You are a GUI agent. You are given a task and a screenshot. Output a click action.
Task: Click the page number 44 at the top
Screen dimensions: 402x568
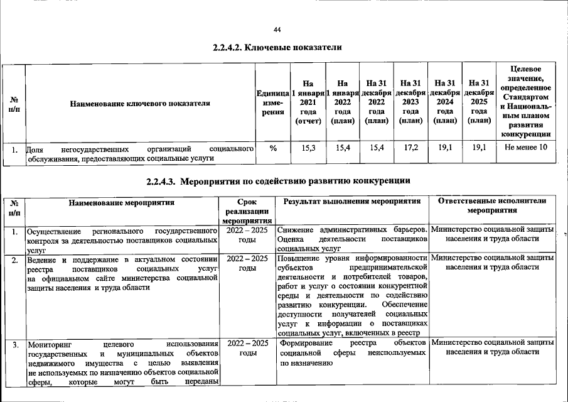(x=278, y=30)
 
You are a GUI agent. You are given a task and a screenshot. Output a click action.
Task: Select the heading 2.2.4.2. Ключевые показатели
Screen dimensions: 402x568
(x=277, y=48)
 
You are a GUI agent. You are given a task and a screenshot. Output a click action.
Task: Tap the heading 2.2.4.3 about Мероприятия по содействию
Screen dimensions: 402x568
(x=278, y=182)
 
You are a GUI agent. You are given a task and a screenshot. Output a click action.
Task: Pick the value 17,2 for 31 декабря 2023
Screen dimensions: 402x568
(x=410, y=148)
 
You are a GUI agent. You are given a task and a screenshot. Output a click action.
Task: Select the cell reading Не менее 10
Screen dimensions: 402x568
(x=526, y=148)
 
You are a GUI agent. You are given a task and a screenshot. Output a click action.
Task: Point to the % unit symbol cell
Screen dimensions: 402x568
(x=273, y=148)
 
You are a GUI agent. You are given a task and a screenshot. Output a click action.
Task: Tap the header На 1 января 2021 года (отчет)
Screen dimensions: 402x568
(x=308, y=102)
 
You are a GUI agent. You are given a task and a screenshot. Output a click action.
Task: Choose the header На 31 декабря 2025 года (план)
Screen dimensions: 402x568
(x=479, y=102)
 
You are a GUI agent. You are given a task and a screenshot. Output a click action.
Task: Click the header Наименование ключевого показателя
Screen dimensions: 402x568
(x=139, y=103)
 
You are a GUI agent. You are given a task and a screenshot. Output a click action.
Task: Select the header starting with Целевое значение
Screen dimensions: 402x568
(x=526, y=102)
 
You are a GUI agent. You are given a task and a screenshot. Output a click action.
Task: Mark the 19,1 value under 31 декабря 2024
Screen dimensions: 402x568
(x=444, y=148)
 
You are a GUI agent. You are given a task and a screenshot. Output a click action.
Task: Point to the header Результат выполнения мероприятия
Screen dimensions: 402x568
(x=351, y=202)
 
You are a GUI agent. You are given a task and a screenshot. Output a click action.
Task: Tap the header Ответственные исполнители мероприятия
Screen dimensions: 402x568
(x=492, y=205)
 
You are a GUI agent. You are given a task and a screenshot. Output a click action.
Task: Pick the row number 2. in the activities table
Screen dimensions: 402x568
(x=14, y=259)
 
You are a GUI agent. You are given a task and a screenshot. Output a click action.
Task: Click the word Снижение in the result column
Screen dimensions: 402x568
(x=297, y=230)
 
